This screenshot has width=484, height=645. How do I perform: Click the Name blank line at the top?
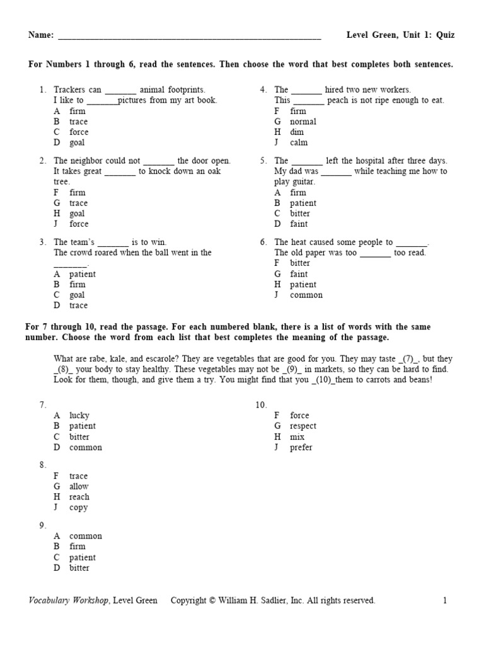(x=189, y=37)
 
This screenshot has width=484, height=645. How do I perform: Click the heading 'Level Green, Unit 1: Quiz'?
(x=400, y=35)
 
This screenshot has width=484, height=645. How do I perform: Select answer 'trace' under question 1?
(x=78, y=122)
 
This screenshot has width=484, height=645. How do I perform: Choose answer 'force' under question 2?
(x=79, y=224)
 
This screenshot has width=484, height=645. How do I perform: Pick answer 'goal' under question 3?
(x=77, y=295)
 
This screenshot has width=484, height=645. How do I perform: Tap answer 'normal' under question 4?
(x=302, y=122)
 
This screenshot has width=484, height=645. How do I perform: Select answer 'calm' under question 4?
(x=299, y=142)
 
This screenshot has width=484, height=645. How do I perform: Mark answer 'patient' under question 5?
(x=302, y=203)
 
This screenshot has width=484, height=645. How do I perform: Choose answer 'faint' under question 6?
(x=299, y=274)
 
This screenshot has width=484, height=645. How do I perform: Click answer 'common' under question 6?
(x=306, y=295)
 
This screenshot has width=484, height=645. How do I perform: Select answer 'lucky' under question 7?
(x=79, y=415)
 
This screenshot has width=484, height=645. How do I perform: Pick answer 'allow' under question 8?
(x=79, y=486)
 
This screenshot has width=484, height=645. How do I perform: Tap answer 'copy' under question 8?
(x=78, y=508)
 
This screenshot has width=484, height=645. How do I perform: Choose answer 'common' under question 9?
(x=85, y=536)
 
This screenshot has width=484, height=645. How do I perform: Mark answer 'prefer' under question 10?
(x=301, y=447)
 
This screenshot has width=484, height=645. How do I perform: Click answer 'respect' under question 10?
(x=302, y=426)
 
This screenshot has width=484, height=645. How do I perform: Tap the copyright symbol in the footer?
(x=212, y=600)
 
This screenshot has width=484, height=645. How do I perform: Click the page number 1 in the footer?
(x=444, y=600)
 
